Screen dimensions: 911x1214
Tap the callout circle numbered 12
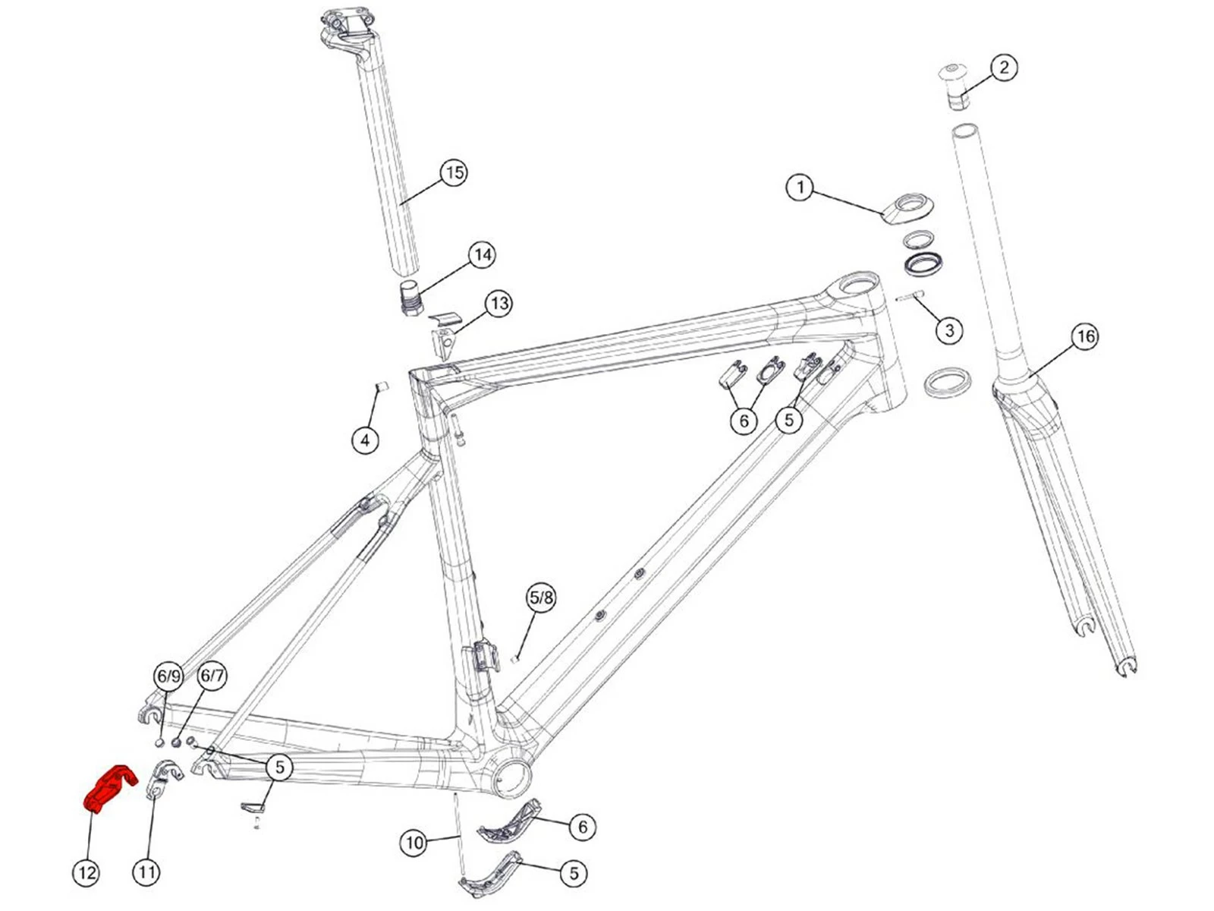[x=86, y=872]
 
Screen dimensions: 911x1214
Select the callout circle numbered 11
[x=146, y=872]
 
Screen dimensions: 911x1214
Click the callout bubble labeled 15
[x=454, y=172]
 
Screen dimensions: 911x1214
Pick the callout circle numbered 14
[x=483, y=254]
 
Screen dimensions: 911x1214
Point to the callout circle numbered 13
[x=498, y=304]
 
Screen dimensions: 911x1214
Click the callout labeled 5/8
[x=541, y=597]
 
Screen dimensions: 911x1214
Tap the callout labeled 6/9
[x=168, y=676]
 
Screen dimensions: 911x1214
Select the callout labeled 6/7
[x=212, y=676]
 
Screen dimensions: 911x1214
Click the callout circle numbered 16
[x=1085, y=336]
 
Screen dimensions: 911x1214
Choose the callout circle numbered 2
[x=1004, y=68]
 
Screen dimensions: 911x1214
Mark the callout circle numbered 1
[x=800, y=187]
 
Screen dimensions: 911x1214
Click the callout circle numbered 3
[x=949, y=330]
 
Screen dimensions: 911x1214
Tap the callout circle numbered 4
[x=366, y=440]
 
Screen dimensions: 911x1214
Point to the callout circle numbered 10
[x=414, y=843]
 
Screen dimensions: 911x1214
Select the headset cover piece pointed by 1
[x=904, y=209]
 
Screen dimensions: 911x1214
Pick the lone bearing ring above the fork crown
[x=947, y=381]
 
